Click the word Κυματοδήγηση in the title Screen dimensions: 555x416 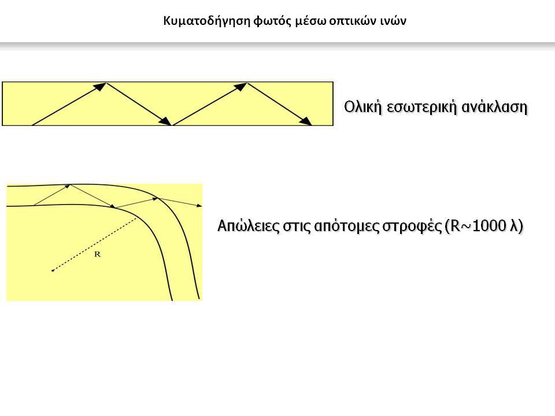[x=207, y=21]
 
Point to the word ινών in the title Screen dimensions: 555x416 [x=393, y=21]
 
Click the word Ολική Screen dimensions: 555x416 [x=363, y=107]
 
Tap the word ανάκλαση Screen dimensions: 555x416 [x=494, y=107]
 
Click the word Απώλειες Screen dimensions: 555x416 [x=248, y=226]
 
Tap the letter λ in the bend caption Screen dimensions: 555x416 [x=513, y=226]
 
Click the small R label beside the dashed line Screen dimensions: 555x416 [x=98, y=254]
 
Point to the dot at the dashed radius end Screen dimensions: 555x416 [x=53, y=270]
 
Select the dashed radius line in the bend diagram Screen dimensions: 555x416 [x=94, y=244]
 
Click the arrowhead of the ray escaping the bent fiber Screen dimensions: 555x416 [x=199, y=205]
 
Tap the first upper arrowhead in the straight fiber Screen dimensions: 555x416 [x=101, y=86]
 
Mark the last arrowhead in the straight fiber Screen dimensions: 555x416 [x=306, y=121]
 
